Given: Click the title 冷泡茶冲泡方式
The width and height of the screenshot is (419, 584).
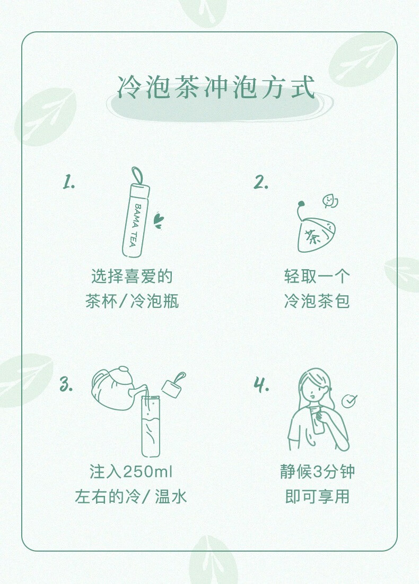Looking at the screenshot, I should [216, 88].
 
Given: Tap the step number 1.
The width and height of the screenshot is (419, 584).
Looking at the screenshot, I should [68, 182].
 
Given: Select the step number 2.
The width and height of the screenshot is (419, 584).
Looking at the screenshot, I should [260, 182].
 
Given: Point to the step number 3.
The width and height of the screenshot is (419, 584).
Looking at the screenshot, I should [66, 384].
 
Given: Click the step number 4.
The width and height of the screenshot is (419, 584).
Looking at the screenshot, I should [260, 384].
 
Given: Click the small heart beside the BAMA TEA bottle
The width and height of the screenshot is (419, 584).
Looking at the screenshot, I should [158, 220].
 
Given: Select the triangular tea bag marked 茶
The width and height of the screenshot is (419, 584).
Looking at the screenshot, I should [317, 235].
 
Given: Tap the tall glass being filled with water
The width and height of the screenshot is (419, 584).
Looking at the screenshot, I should [151, 427].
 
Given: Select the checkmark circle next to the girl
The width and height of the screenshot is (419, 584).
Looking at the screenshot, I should [348, 401].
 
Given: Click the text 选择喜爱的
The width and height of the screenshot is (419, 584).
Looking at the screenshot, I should [132, 277].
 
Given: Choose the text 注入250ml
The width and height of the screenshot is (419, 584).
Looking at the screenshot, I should [132, 471].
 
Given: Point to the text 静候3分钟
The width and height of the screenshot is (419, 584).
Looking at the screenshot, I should [317, 471].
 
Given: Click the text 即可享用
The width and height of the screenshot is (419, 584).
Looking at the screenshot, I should [317, 497].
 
